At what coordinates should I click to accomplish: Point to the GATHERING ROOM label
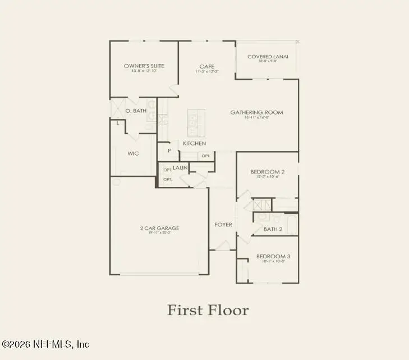point(256,112)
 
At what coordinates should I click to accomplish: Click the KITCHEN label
point(194,144)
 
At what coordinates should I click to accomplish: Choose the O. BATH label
point(136,111)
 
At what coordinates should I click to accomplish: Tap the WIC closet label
point(133,153)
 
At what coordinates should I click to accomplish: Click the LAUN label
point(180,168)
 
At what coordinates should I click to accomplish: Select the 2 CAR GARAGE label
point(159,228)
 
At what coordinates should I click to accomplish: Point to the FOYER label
point(223,225)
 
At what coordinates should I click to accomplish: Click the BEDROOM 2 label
point(267,172)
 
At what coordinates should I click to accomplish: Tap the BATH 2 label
point(273,229)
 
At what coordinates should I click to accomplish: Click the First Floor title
point(208,310)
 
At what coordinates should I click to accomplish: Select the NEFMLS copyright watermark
point(45,344)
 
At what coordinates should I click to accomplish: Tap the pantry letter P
point(168,151)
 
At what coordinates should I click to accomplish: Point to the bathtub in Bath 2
point(292,225)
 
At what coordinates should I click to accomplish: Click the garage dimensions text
point(159,233)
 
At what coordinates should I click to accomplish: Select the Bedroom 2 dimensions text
point(267,177)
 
